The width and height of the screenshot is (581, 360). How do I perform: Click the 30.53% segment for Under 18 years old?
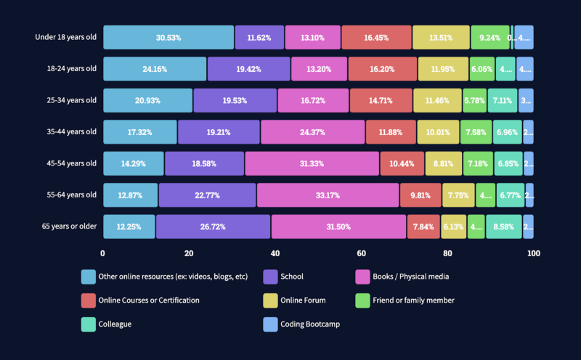click(x=168, y=37)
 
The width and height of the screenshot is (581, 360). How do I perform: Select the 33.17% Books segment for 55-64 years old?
click(x=328, y=195)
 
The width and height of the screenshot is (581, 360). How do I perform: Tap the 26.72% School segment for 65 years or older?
click(x=213, y=226)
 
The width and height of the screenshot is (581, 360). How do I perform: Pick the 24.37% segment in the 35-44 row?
click(x=313, y=132)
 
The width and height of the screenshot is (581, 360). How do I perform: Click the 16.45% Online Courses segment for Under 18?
click(x=375, y=37)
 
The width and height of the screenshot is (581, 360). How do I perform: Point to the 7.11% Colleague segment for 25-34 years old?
click(x=503, y=100)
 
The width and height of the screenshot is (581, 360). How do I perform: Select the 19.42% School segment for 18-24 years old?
click(x=248, y=69)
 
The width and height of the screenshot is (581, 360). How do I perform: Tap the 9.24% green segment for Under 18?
click(x=489, y=37)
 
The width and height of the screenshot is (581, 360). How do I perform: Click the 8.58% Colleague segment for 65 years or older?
click(x=504, y=226)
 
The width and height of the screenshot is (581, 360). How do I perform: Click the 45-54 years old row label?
click(x=70, y=163)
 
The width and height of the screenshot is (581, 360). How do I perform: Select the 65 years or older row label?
click(x=69, y=226)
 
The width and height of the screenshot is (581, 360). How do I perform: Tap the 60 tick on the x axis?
click(x=361, y=253)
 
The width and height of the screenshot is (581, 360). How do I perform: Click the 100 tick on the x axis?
click(x=534, y=253)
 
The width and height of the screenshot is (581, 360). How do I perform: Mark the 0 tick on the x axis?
click(x=102, y=253)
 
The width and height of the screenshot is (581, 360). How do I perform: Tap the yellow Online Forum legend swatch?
click(x=270, y=300)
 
